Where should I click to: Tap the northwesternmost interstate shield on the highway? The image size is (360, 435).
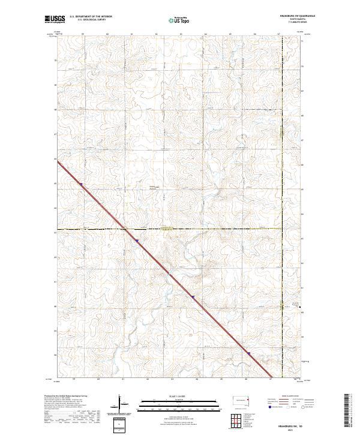coord(81,185)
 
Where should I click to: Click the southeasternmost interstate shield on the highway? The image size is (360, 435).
coord(248,353)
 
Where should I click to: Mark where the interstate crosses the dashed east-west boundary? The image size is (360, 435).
coord(124,229)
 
